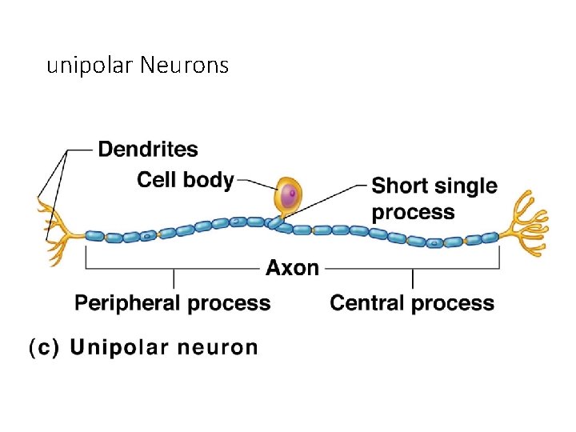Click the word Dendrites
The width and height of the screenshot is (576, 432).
pos(148,149)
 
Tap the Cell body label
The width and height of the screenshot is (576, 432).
pos(185,179)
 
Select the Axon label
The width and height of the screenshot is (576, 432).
pos(292,268)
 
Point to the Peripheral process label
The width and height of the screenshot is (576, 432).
pos(172,303)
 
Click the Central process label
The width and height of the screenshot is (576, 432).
pos(412,303)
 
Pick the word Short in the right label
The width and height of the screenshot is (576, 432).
pos(402,186)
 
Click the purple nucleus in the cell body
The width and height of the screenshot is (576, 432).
pos(289,195)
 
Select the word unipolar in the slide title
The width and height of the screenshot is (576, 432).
pos(90,66)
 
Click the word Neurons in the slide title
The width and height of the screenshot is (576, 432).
pos(184,65)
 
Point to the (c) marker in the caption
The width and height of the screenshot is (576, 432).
pos(44,348)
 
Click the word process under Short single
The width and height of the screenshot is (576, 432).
pos(413,213)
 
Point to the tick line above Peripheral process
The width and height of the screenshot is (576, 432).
pos(174,278)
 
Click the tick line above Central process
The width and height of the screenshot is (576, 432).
pos(413,278)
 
